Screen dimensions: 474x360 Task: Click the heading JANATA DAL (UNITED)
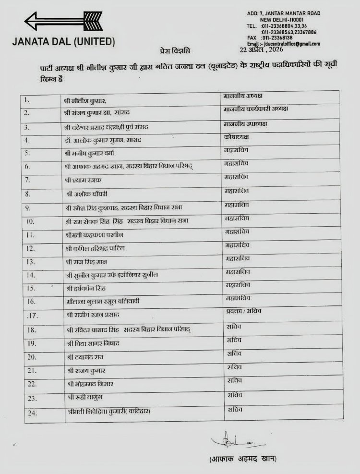pos(64,42)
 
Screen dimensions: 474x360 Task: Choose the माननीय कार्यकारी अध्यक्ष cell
pos(256,109)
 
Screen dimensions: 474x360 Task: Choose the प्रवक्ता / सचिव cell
pos(243,311)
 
